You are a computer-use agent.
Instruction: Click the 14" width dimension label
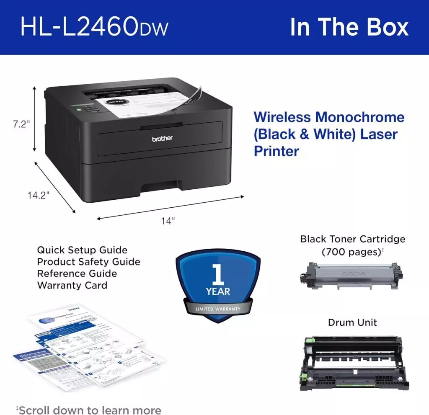click(x=168, y=221)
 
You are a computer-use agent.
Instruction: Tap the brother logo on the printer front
click(x=162, y=138)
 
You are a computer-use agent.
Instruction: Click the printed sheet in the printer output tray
click(x=138, y=105)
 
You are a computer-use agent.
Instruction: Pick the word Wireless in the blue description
click(x=282, y=117)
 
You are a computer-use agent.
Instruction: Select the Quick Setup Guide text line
click(x=82, y=250)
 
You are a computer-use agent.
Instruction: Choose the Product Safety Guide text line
click(x=88, y=262)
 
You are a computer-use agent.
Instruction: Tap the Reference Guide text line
click(x=77, y=273)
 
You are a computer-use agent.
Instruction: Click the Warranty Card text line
click(x=72, y=285)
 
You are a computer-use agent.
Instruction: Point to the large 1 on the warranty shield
click(x=217, y=274)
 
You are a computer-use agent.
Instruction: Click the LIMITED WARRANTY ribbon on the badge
click(x=218, y=309)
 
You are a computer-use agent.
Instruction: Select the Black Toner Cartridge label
click(x=352, y=239)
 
